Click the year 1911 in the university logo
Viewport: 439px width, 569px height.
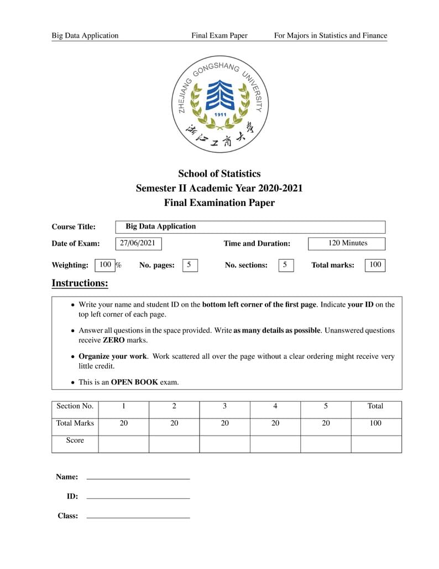click(220, 115)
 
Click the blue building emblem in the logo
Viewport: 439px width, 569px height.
click(219, 95)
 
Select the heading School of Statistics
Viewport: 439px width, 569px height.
click(219, 174)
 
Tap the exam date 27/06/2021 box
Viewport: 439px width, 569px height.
click(138, 243)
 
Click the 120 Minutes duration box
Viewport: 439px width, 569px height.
click(347, 243)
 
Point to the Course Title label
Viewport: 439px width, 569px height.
click(74, 226)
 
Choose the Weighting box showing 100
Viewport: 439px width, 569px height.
click(105, 265)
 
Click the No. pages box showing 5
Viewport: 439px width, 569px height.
click(189, 265)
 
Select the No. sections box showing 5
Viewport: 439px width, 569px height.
click(285, 265)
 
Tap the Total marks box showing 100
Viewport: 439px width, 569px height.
click(375, 265)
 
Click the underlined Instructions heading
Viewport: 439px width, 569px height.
click(80, 283)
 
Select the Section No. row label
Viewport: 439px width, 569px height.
click(75, 406)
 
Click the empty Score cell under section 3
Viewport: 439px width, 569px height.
click(224, 444)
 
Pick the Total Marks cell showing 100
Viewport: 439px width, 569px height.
click(375, 423)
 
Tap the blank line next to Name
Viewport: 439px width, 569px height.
click(138, 478)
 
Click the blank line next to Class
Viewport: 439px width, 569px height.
click(138, 517)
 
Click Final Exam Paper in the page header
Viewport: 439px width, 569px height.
click(219, 35)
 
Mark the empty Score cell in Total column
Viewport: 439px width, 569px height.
click(375, 444)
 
